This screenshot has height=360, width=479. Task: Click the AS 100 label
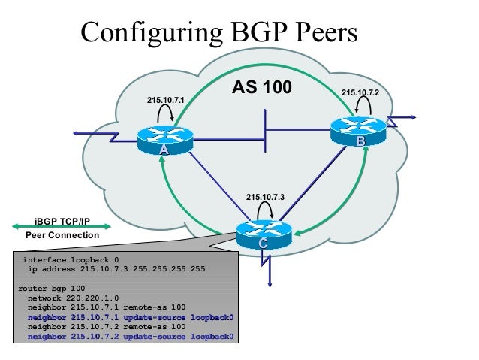pyautogui.click(x=262, y=87)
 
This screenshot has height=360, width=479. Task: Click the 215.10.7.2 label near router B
pyautogui.click(x=360, y=92)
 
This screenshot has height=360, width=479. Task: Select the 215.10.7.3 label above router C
pyautogui.click(x=264, y=198)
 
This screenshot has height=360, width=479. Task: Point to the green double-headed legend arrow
pyautogui.click(x=62, y=225)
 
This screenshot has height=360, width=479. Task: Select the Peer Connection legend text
pyautogui.click(x=62, y=235)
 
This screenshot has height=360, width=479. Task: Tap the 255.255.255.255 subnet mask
pyautogui.click(x=167, y=268)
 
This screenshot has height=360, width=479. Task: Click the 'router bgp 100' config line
pyautogui.click(x=51, y=288)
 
